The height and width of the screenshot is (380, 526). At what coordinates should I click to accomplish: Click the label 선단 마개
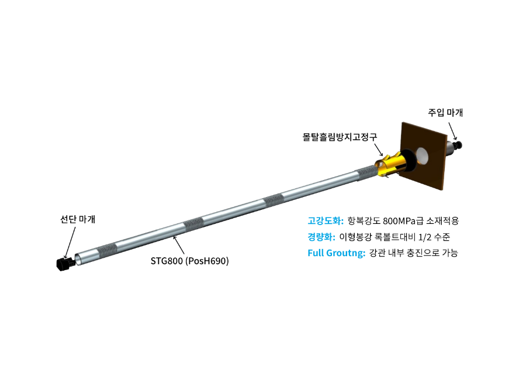click(x=78, y=219)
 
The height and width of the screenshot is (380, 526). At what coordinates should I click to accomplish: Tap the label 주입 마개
click(x=445, y=112)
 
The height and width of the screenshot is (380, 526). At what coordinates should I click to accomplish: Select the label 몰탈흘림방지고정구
click(x=340, y=137)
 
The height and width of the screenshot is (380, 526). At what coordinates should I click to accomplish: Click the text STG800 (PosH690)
click(x=189, y=261)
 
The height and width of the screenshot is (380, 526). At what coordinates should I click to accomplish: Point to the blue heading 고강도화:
click(x=326, y=221)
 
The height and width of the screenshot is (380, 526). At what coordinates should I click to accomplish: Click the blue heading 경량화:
click(x=321, y=237)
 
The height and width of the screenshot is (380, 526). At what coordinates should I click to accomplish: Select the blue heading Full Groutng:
click(x=337, y=253)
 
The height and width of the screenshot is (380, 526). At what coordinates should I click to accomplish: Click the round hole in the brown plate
click(x=421, y=156)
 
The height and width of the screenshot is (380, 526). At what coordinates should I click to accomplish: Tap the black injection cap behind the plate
click(x=457, y=144)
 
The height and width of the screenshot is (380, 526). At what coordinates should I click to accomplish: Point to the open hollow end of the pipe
click(x=78, y=259)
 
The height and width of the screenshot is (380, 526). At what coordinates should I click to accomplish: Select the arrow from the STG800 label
click(x=178, y=245)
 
